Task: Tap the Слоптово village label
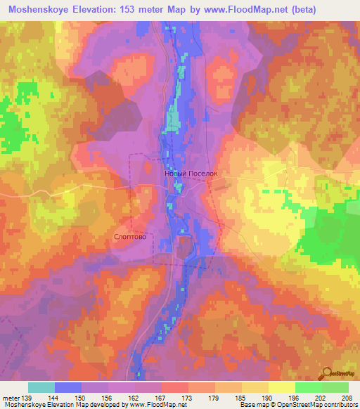coord(130,237)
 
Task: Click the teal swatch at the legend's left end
coord(41,387)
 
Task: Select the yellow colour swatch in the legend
coord(281,387)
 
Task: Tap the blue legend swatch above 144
coord(68,387)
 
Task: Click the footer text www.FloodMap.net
coord(151,405)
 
